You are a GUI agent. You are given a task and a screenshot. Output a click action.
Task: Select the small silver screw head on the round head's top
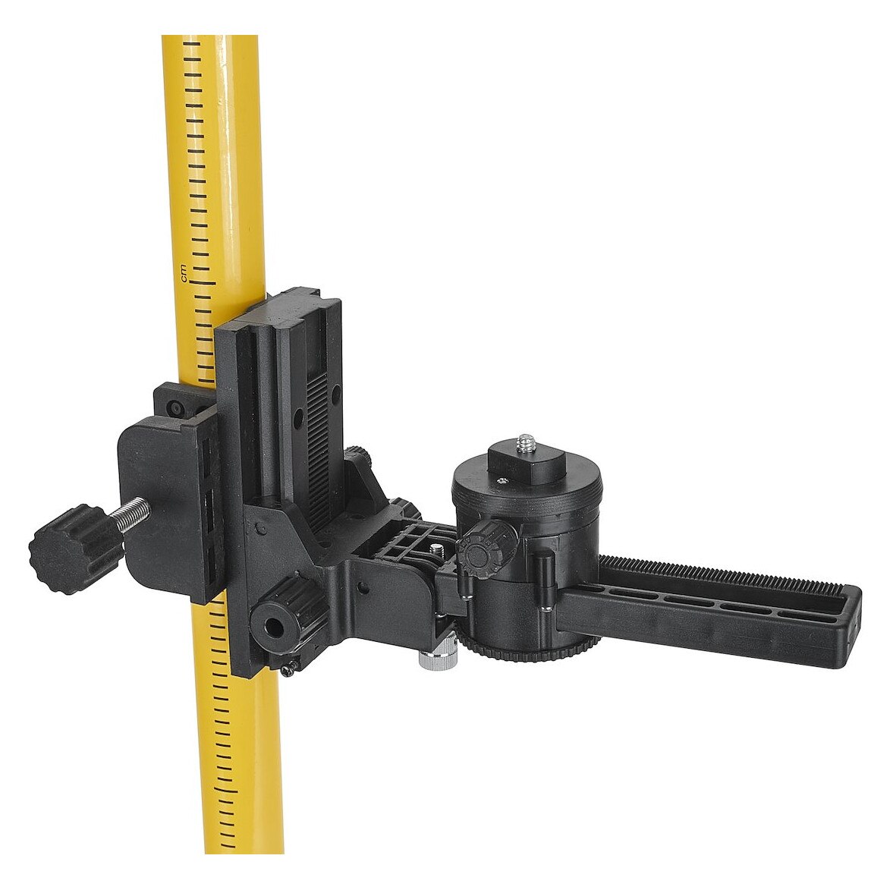[x=502, y=480]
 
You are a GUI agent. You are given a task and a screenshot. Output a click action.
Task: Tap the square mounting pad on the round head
[x=523, y=458]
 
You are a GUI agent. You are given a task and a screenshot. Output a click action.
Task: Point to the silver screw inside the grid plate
[x=437, y=550]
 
